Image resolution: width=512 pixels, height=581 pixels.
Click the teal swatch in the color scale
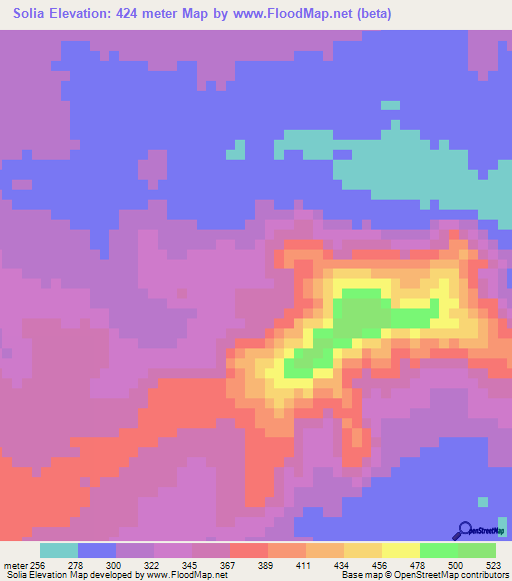(x=58, y=550)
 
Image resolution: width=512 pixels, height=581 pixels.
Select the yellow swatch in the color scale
(x=400, y=550)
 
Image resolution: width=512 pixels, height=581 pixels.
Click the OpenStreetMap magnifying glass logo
(x=464, y=529)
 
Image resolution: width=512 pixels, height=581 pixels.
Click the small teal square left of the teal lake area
(x=236, y=150)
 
